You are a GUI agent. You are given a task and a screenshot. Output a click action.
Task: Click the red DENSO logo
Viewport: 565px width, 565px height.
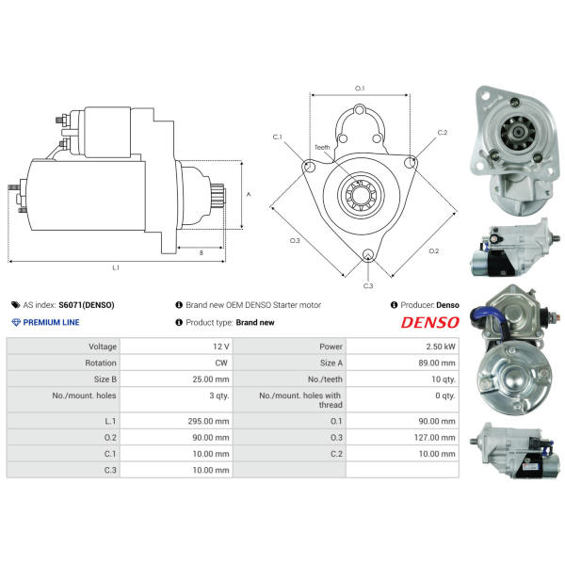point(430,322)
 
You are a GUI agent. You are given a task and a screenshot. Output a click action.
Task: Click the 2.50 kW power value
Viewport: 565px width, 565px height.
point(441,347)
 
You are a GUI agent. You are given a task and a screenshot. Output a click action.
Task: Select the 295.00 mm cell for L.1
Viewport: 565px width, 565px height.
point(208,421)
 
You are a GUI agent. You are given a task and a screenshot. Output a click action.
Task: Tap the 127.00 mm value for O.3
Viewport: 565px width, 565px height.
point(434,438)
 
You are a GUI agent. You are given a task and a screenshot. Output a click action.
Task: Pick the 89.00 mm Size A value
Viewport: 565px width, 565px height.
point(437,363)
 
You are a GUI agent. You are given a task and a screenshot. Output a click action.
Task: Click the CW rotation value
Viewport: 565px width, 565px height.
point(221,363)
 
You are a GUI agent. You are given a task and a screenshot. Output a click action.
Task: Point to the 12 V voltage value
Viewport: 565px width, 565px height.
point(221,347)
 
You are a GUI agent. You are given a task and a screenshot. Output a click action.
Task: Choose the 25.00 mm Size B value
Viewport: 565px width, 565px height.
point(211,379)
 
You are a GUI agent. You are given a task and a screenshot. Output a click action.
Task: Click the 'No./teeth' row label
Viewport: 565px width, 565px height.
point(325,379)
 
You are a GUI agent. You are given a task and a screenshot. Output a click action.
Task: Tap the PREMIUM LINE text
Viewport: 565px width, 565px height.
point(51,322)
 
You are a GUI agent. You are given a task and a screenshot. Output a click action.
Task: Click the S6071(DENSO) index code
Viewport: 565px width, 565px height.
point(87,305)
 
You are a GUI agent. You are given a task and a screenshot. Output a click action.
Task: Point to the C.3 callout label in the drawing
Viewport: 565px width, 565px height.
point(368,285)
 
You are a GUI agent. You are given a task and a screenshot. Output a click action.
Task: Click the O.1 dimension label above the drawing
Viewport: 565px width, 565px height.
point(360,89)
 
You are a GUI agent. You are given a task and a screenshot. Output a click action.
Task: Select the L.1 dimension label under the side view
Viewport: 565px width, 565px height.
point(116,267)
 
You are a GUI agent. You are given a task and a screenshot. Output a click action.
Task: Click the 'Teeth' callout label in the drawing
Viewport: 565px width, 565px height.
point(322,148)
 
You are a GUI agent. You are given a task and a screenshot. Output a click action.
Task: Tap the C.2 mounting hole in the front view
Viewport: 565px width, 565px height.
point(410,163)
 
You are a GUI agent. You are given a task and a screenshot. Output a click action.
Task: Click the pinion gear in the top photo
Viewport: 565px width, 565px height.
point(518,132)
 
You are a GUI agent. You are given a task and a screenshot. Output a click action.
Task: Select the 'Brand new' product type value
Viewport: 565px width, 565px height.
point(255,322)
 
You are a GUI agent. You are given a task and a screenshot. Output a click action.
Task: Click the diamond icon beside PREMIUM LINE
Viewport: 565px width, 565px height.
point(16,322)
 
